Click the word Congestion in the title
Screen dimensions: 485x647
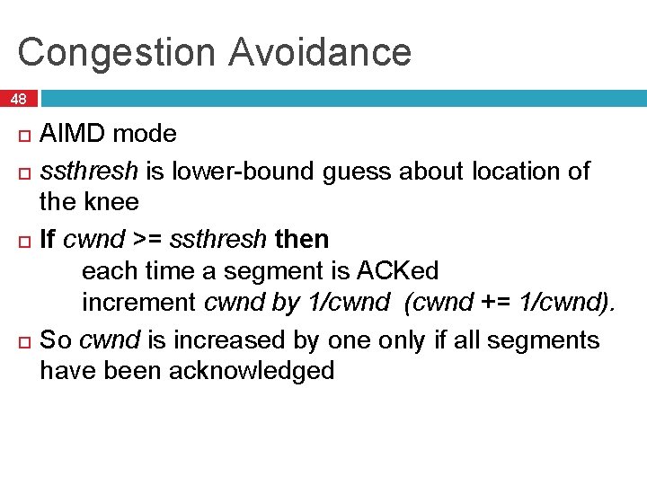[x=116, y=52]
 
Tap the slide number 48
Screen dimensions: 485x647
[x=18, y=99]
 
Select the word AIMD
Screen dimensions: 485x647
[x=74, y=134]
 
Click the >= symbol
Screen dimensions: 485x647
[x=148, y=240]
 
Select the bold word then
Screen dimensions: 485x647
[x=302, y=240]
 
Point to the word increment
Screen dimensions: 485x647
[x=140, y=303]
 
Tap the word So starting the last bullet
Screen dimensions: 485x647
[x=56, y=339]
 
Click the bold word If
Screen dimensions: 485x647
[x=48, y=240]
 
